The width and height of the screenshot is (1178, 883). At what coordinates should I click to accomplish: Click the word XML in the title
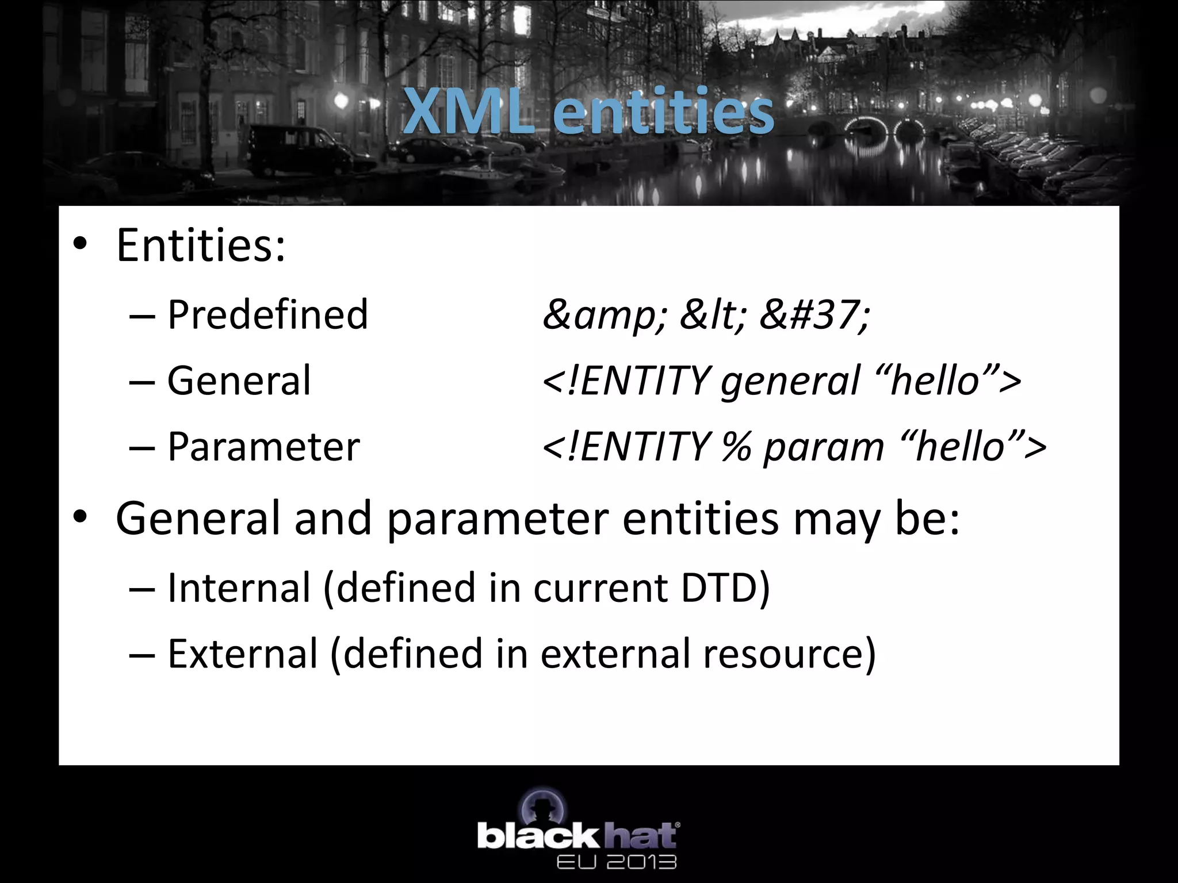tap(467, 112)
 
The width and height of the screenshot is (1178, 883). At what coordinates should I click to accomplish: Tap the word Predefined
tap(267, 315)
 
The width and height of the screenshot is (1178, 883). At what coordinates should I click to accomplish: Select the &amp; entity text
tap(605, 315)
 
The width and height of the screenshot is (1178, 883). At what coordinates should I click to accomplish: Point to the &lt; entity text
tap(713, 315)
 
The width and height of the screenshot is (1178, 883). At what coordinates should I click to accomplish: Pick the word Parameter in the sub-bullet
tap(263, 447)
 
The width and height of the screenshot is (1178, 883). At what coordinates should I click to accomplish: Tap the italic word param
tap(823, 447)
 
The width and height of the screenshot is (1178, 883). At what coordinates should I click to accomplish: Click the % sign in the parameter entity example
tap(737, 447)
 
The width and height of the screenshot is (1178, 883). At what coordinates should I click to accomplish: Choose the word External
tap(242, 654)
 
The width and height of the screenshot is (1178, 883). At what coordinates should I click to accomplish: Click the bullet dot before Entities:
tap(80, 245)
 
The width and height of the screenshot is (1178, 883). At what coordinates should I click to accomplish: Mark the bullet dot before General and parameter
tap(80, 518)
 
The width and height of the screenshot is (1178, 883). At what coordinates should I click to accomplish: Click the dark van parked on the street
tap(299, 149)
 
